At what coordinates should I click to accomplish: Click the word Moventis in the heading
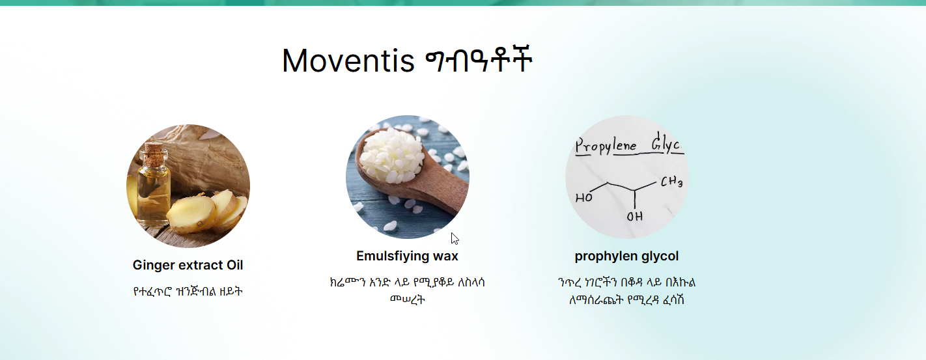click(x=348, y=61)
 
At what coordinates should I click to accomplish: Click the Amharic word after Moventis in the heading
click(x=479, y=60)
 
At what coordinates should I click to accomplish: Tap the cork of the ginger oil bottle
click(x=154, y=150)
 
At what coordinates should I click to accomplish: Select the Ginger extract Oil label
click(x=188, y=265)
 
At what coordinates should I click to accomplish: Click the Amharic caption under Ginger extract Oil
click(x=188, y=292)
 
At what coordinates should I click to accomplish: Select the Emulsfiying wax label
click(x=407, y=256)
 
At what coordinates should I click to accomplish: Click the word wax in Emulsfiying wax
click(x=445, y=256)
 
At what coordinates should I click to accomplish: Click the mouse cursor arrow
click(x=455, y=239)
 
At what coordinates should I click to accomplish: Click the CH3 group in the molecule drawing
click(x=671, y=182)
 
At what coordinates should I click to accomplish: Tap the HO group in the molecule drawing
click(x=583, y=198)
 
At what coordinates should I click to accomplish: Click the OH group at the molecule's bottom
click(x=634, y=217)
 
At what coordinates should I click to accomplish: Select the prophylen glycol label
click(x=626, y=256)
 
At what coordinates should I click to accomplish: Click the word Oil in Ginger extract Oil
click(x=234, y=265)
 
